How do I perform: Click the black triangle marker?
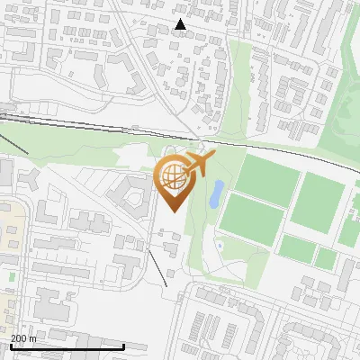(x=181, y=25)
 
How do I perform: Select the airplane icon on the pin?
(x=199, y=165)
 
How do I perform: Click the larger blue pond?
(x=217, y=193)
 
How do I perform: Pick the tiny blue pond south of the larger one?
(x=219, y=245)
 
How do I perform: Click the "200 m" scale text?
(x=23, y=338)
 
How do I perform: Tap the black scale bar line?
(x=67, y=346)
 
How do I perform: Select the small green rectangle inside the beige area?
(x=12, y=276)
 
